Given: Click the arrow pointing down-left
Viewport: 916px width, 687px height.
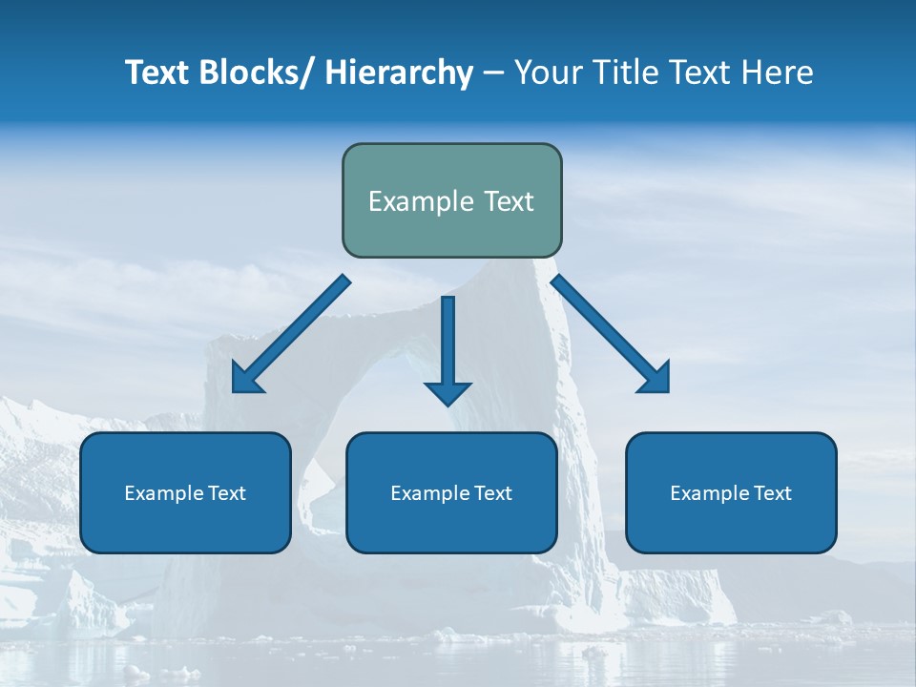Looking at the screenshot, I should (x=292, y=334).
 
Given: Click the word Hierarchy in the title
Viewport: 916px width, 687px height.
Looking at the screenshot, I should (x=399, y=73).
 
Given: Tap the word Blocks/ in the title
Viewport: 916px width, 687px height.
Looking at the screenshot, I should (x=255, y=73).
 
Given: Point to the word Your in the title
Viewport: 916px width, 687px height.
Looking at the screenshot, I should (x=549, y=73).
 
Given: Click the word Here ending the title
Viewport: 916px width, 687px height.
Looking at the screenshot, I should (x=778, y=73).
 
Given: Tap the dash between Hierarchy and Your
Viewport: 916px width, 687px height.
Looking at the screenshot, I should (x=493, y=73).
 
